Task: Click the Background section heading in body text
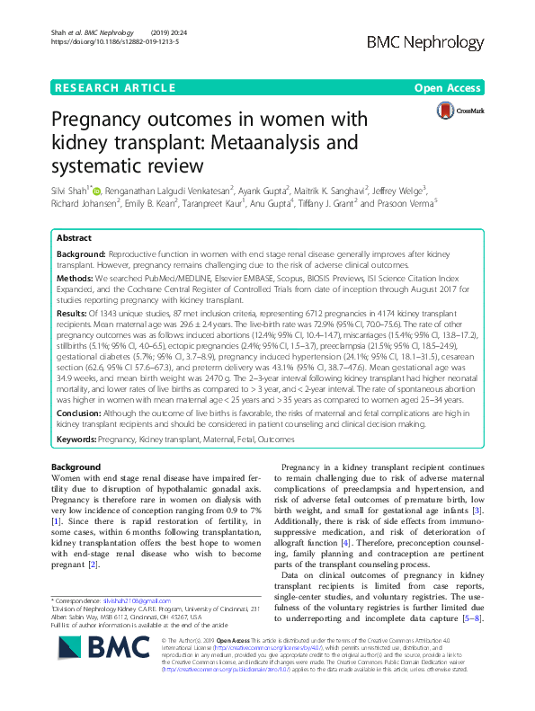(x=76, y=468)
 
